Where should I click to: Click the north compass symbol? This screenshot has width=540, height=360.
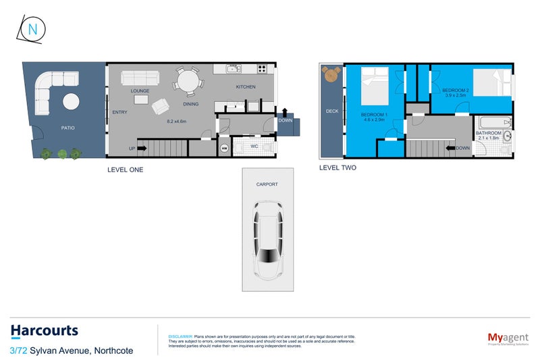tap(30, 30)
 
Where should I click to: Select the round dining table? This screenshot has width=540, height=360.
tap(188, 82)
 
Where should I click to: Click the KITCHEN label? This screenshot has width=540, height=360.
tap(246, 88)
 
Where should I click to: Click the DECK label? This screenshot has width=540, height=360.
tap(331, 111)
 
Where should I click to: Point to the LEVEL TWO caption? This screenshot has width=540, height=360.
tap(337, 168)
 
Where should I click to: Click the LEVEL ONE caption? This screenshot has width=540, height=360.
tap(125, 170)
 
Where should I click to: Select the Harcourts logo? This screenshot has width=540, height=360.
tap(45, 331)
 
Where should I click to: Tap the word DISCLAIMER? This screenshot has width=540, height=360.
tap(180, 336)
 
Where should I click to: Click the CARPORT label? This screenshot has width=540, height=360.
tap(267, 184)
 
